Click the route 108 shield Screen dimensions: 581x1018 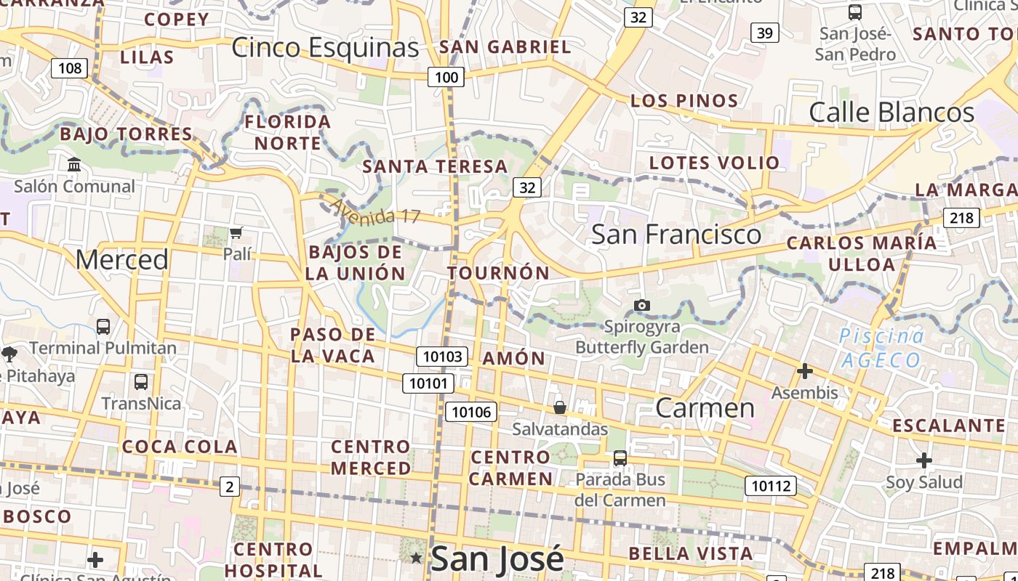click(70, 69)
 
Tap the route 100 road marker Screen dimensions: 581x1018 click(446, 77)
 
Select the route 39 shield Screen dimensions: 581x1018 click(764, 33)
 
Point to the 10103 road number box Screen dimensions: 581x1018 click(442, 356)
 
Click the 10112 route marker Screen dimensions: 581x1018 click(771, 486)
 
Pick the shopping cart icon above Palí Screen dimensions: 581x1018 click(236, 233)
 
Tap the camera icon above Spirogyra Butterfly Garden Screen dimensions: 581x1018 click(641, 305)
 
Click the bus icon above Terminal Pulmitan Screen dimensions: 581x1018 click(103, 327)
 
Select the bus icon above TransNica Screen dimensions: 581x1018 click(141, 381)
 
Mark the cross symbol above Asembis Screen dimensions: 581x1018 click(804, 372)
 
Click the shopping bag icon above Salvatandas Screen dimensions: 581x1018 click(560, 407)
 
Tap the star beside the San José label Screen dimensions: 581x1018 click(416, 558)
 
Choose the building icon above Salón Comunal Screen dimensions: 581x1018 click(74, 165)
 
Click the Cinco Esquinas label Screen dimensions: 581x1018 click(325, 48)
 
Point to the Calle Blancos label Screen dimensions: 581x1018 click(891, 113)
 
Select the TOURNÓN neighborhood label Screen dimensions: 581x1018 click(499, 273)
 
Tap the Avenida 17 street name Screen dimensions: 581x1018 click(375, 211)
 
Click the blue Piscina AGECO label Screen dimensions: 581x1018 click(881, 348)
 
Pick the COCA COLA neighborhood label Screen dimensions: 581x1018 click(180, 447)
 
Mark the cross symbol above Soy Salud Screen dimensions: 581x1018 click(923, 460)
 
